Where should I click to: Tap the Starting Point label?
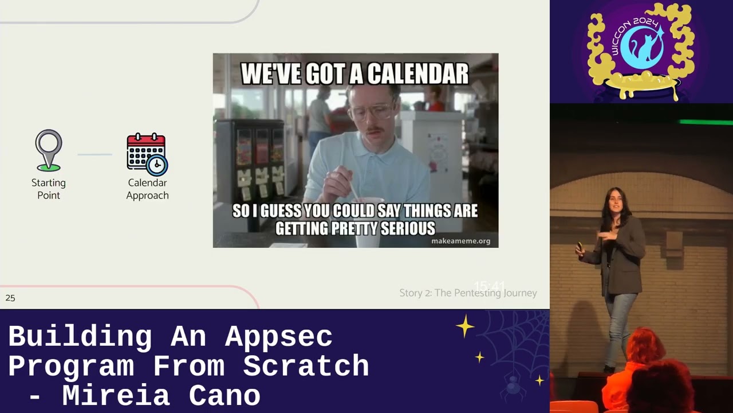pyautogui.click(x=49, y=189)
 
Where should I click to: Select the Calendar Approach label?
pyautogui.click(x=147, y=189)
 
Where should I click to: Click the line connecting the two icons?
pyautogui.click(x=94, y=154)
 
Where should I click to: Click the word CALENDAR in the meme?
pyautogui.click(x=417, y=74)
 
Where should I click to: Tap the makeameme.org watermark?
pyautogui.click(x=460, y=241)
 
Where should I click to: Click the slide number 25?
pyautogui.click(x=10, y=298)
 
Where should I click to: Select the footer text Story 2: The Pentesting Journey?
pyautogui.click(x=468, y=293)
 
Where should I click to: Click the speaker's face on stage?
pyautogui.click(x=614, y=201)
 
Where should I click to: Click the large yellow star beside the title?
pyautogui.click(x=465, y=326)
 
